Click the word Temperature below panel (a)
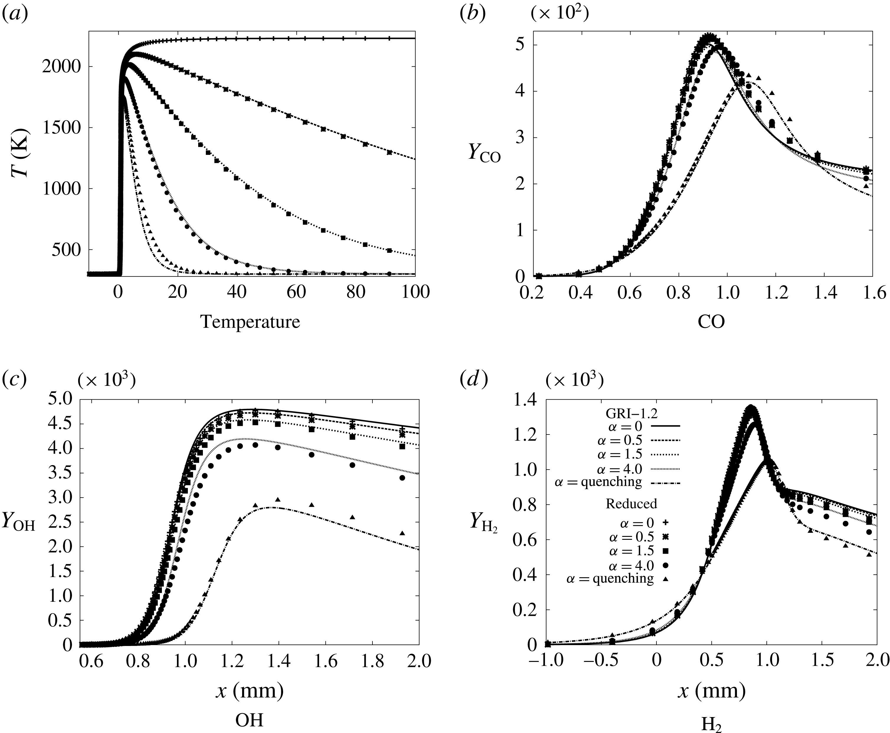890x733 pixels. point(250,322)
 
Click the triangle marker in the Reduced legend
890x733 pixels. point(666,579)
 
